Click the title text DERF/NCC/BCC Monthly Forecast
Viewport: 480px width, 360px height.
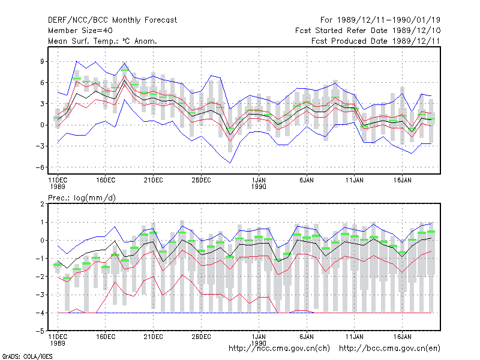pyautogui.click(x=112, y=20)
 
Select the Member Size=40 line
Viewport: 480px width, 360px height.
pyautogui.click(x=80, y=31)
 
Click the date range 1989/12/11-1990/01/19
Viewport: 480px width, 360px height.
pyautogui.click(x=388, y=20)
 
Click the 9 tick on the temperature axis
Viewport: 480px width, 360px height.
pyautogui.click(x=42, y=61)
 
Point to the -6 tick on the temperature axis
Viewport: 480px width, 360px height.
pyautogui.click(x=40, y=167)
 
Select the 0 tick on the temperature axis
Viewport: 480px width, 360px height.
pyautogui.click(x=42, y=125)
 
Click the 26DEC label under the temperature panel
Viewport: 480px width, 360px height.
pyautogui.click(x=201, y=180)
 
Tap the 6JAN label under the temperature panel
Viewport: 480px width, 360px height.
pyautogui.click(x=307, y=180)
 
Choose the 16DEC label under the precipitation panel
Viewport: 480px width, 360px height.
pyautogui.click(x=106, y=337)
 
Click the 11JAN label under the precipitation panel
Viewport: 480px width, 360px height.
pyautogui.click(x=354, y=337)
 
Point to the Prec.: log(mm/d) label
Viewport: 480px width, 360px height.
pyautogui.click(x=82, y=198)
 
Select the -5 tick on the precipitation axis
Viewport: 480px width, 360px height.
pyautogui.click(x=40, y=331)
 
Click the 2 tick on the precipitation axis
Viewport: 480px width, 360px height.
pyautogui.click(x=42, y=204)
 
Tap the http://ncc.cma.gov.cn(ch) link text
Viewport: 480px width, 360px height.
pyautogui.click(x=279, y=349)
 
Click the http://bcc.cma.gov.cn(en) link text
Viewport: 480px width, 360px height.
pyautogui.click(x=389, y=349)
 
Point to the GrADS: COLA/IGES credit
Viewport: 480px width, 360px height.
pyautogui.click(x=27, y=356)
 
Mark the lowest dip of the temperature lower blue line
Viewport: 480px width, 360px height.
pyautogui.click(x=230, y=163)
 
